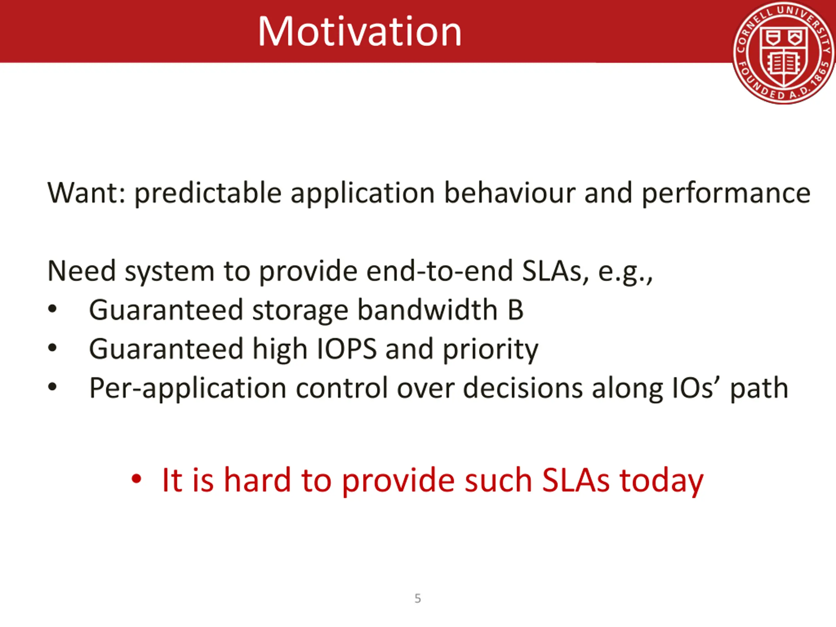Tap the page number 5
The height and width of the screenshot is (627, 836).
418,598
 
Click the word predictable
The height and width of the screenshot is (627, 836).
208,194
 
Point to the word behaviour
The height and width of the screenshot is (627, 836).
510,193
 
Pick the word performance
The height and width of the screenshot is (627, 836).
726,194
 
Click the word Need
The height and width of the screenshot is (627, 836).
81,271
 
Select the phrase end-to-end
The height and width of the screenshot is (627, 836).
440,271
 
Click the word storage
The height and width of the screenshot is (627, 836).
300,311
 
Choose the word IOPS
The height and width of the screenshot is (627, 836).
346,349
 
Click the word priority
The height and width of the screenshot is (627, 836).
490,350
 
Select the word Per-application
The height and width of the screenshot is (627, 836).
188,389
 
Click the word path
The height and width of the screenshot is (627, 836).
759,389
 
